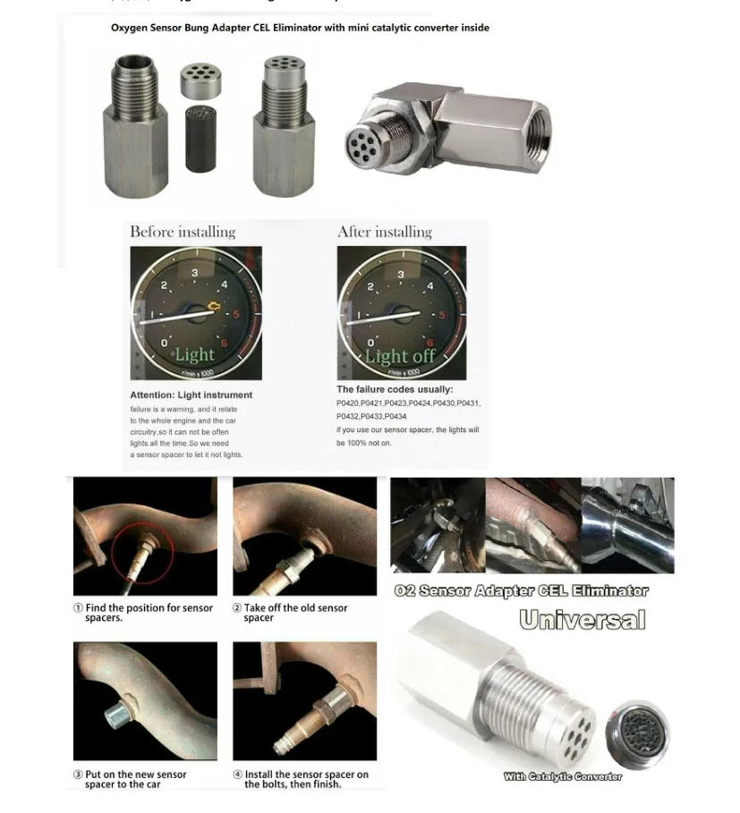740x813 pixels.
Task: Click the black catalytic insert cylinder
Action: pyautogui.click(x=203, y=140)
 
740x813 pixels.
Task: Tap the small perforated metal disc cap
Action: pyautogui.click(x=202, y=80)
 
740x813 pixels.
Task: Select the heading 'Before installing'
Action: pyautogui.click(x=183, y=233)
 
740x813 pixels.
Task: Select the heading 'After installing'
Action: pyautogui.click(x=385, y=233)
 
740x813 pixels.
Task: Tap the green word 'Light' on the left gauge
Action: pyautogui.click(x=194, y=354)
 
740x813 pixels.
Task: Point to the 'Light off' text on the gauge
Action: pyautogui.click(x=400, y=355)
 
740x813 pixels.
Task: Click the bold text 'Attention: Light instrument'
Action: pyautogui.click(x=191, y=394)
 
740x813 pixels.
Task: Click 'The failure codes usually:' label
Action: pyautogui.click(x=395, y=389)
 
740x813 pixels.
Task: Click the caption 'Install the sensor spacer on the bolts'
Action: pyautogui.click(x=300, y=779)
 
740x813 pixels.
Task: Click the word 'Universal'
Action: pyautogui.click(x=582, y=620)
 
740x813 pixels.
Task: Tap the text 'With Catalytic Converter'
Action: pyautogui.click(x=562, y=776)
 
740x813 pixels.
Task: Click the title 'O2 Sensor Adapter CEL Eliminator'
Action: pyautogui.click(x=522, y=591)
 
